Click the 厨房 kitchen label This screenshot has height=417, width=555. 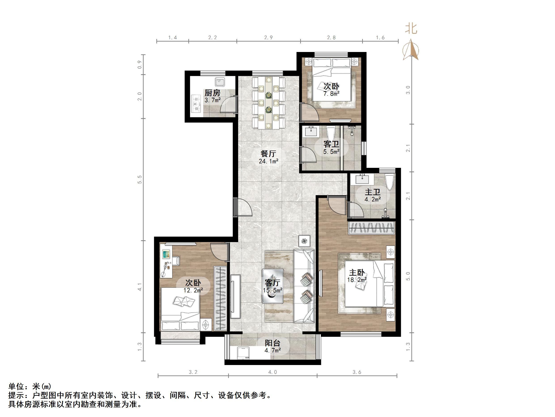[212, 93]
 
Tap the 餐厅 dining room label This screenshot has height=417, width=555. [268, 153]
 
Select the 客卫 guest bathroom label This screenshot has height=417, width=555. [331, 144]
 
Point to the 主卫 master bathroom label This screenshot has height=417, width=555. [373, 192]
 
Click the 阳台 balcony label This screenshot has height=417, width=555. [272, 343]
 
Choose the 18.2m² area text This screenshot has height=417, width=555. [357, 280]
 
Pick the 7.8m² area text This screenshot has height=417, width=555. [332, 94]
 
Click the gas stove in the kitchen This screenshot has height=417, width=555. [196, 104]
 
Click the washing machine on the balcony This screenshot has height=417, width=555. [243, 353]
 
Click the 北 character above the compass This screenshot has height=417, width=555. [411, 28]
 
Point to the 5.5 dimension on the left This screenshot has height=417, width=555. [140, 179]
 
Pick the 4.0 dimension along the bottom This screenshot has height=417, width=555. [272, 372]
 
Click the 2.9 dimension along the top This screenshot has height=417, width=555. [268, 38]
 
